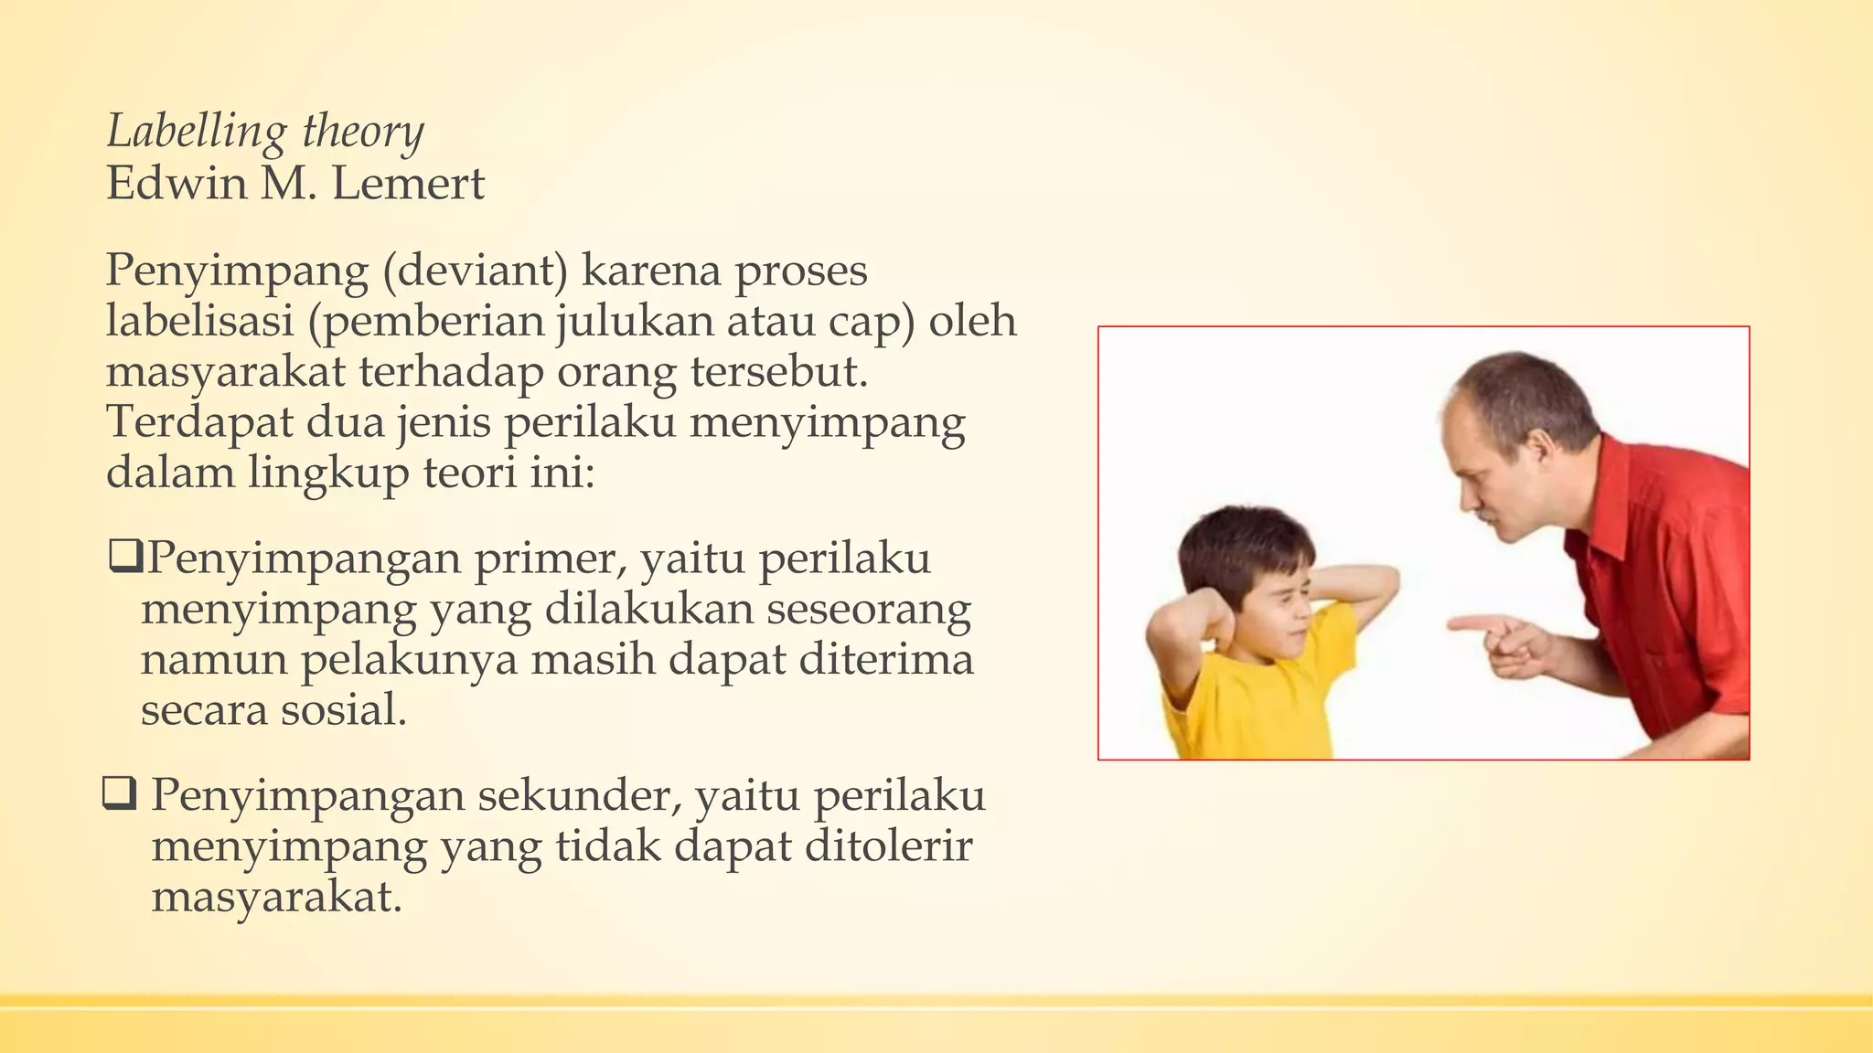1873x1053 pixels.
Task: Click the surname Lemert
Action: tap(408, 184)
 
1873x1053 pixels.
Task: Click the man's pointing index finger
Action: tap(1469, 624)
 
